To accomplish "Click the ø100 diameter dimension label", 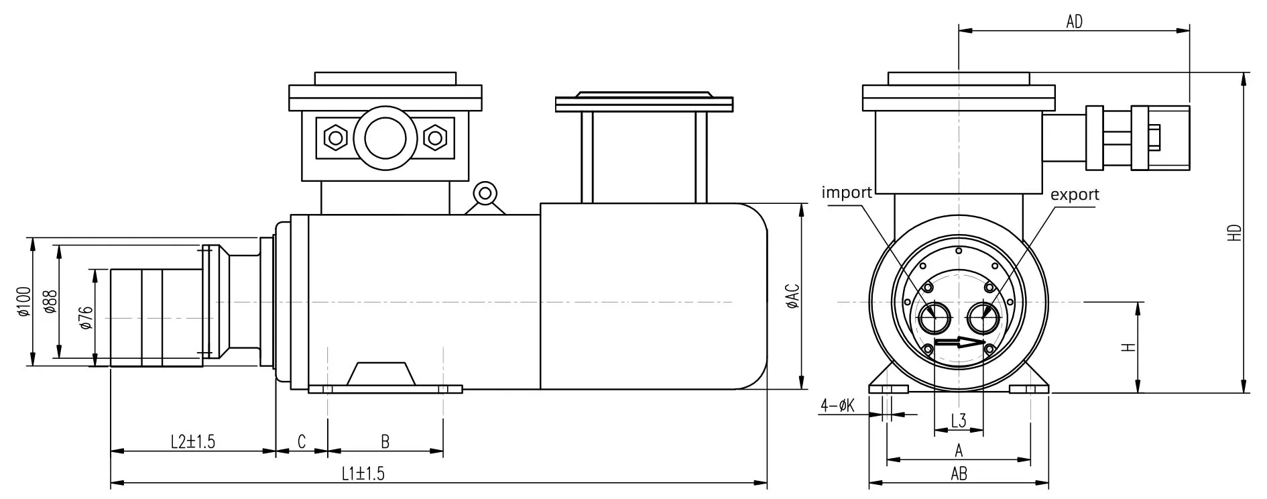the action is (x=23, y=301).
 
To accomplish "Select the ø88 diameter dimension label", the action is (x=48, y=301).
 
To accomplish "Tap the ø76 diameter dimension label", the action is (x=85, y=317).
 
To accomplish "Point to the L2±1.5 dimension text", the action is (x=193, y=441).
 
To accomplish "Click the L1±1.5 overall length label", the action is (x=363, y=474).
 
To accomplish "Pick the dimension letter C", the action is (x=302, y=441).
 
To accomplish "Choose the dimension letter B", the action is (x=385, y=441).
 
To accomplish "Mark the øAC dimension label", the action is (x=792, y=296).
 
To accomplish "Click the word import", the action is (x=847, y=193).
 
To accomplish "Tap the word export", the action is (x=1075, y=195).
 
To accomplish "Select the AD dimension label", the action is (x=1074, y=21).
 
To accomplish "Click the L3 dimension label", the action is (x=959, y=421).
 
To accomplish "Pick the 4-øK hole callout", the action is (x=838, y=405).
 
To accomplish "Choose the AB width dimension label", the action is (x=959, y=474).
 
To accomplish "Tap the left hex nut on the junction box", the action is (x=334, y=137).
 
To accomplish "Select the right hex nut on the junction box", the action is (x=435, y=137).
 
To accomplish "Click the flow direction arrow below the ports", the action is (x=958, y=343).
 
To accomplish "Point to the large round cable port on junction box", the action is (x=385, y=137).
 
